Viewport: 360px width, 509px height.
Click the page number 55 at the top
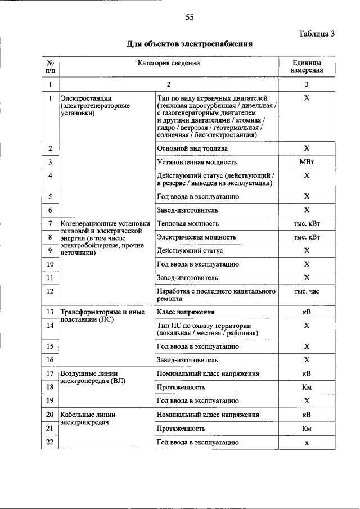190,17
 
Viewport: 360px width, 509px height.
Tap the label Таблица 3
316,33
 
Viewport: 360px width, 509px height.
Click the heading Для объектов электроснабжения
190,43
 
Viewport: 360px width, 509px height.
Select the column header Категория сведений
169,64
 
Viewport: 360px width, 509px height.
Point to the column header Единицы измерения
307,67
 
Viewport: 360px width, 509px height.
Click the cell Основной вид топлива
192,148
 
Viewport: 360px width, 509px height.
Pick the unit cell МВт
307,162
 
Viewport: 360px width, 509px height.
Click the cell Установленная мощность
196,162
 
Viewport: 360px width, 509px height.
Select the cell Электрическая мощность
196,237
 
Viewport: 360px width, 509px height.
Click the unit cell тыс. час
307,291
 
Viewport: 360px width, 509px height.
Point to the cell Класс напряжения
185,312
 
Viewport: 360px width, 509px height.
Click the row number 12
50,291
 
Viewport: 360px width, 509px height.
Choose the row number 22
50,442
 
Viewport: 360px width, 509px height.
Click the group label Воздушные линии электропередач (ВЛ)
93,377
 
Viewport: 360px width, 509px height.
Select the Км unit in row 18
307,387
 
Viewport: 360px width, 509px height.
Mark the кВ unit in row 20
307,415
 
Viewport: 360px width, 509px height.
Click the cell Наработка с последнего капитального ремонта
216,295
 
